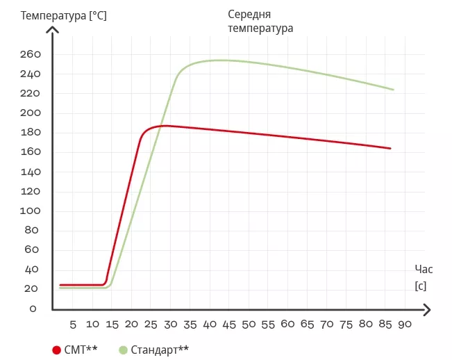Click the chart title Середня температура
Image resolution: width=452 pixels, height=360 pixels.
pyautogui.click(x=260, y=22)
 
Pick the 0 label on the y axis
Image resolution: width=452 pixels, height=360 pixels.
pyautogui.click(x=33, y=308)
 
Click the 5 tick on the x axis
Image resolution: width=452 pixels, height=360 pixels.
pyautogui.click(x=73, y=325)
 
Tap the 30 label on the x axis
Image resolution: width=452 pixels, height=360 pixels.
pyautogui.click(x=171, y=325)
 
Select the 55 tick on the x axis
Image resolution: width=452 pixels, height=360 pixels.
pyautogui.click(x=269, y=325)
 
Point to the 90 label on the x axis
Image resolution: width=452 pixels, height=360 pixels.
pyautogui.click(x=405, y=325)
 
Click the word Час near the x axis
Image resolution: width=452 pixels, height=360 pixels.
pyautogui.click(x=424, y=269)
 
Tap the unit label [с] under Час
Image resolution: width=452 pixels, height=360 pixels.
pyautogui.click(x=420, y=286)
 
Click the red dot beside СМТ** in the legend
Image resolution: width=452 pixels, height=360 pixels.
pyautogui.click(x=56, y=350)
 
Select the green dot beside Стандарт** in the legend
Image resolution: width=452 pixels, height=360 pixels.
pyautogui.click(x=124, y=350)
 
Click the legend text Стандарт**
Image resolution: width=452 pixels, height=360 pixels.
pyautogui.click(x=159, y=350)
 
